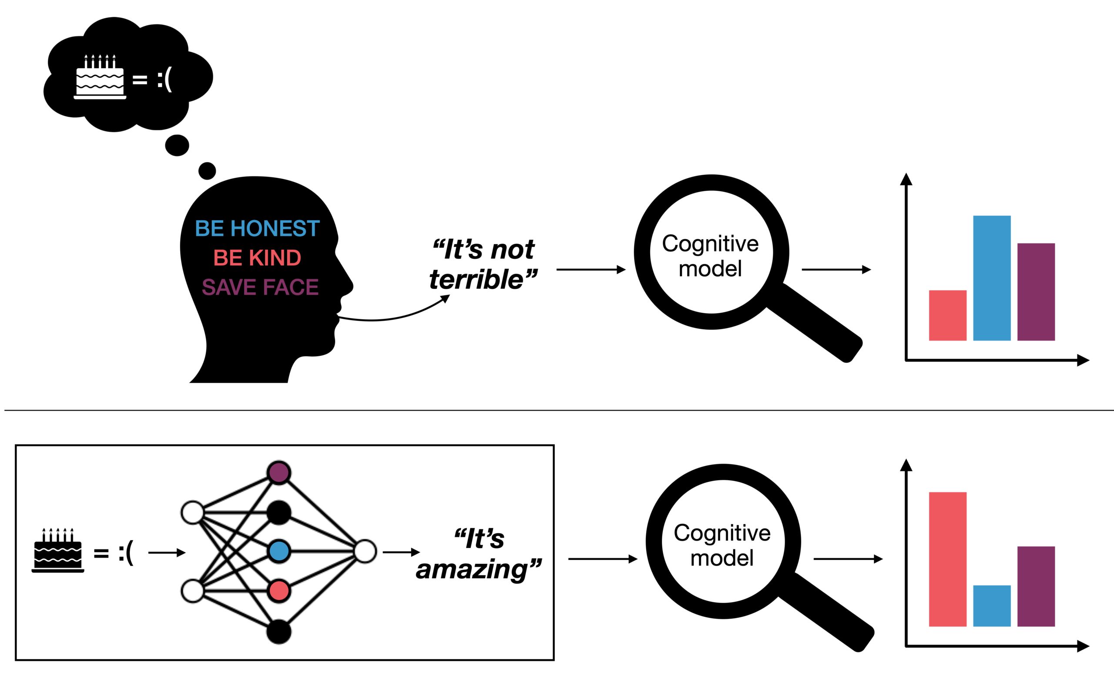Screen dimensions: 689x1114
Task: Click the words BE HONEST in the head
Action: coord(258,228)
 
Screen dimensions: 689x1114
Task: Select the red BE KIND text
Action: coord(257,258)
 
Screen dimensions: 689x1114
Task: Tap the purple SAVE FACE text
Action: coord(260,287)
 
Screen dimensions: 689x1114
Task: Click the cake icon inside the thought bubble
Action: coord(100,77)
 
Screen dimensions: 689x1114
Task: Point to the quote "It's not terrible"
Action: coord(483,264)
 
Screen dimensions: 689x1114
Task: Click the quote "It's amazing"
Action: coord(479,554)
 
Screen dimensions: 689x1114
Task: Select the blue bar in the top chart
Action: coord(992,278)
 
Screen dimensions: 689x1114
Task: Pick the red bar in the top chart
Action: coord(948,315)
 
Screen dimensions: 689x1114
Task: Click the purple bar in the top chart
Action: coord(1036,291)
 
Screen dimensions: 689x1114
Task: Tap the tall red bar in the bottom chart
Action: coord(948,559)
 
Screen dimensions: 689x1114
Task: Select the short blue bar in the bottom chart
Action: coord(992,605)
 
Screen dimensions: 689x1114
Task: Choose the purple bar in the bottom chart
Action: coord(1036,586)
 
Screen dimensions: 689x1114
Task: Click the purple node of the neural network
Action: coord(279,472)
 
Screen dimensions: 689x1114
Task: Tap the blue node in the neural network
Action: coord(279,551)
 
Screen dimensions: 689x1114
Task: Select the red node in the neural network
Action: coord(279,591)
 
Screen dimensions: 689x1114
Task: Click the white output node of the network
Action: coord(365,551)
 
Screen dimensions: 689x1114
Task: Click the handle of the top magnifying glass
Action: coord(816,324)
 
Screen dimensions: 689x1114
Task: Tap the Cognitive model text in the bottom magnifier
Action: coord(722,545)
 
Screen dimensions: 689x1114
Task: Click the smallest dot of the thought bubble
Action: coord(207,171)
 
